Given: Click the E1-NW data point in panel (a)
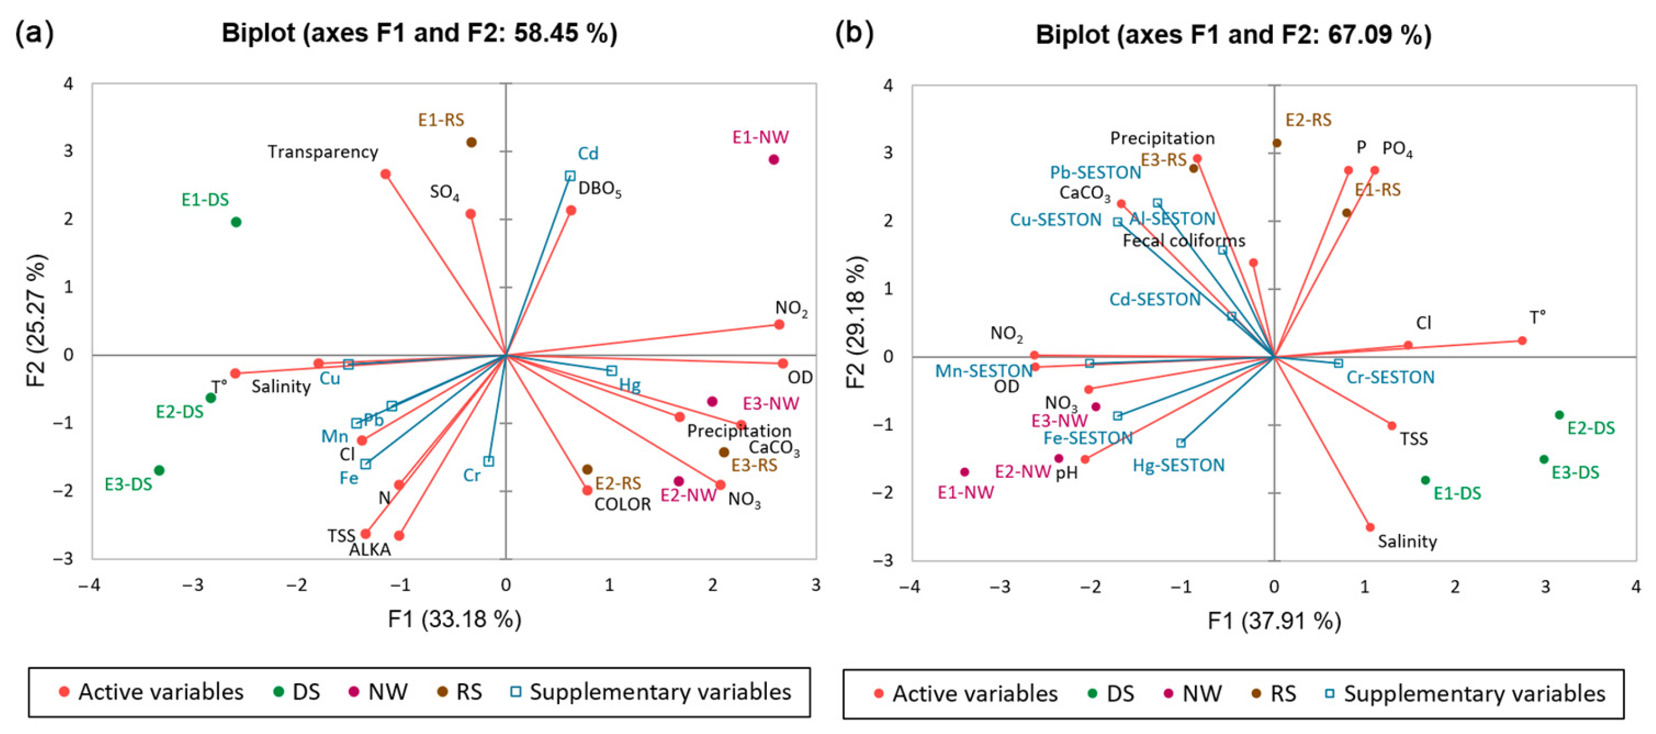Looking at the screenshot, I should point(773,159).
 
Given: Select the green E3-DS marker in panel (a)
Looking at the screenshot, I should point(159,470).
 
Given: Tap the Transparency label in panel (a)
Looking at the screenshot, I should point(322,152).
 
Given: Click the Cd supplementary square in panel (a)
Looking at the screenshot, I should point(570,176).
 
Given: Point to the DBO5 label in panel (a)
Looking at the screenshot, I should point(599,189).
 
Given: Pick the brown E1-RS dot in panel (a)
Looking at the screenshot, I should point(471,142).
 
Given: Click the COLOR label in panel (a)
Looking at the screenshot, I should point(622,504).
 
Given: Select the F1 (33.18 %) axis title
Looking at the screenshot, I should point(454,620).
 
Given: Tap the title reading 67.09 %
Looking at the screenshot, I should point(1233,34).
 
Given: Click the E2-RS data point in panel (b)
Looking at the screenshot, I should point(1277,144).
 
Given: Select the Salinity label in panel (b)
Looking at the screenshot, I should point(1407,541).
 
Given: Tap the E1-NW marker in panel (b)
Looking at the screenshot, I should point(965,472).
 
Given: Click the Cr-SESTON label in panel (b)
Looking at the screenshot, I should point(1391,378).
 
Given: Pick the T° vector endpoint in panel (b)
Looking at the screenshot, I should point(1522,341).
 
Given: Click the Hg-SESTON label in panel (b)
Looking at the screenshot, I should point(1178,466).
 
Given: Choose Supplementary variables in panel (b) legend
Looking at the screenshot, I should point(1474,694).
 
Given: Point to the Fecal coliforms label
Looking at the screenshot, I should point(1184,241).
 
